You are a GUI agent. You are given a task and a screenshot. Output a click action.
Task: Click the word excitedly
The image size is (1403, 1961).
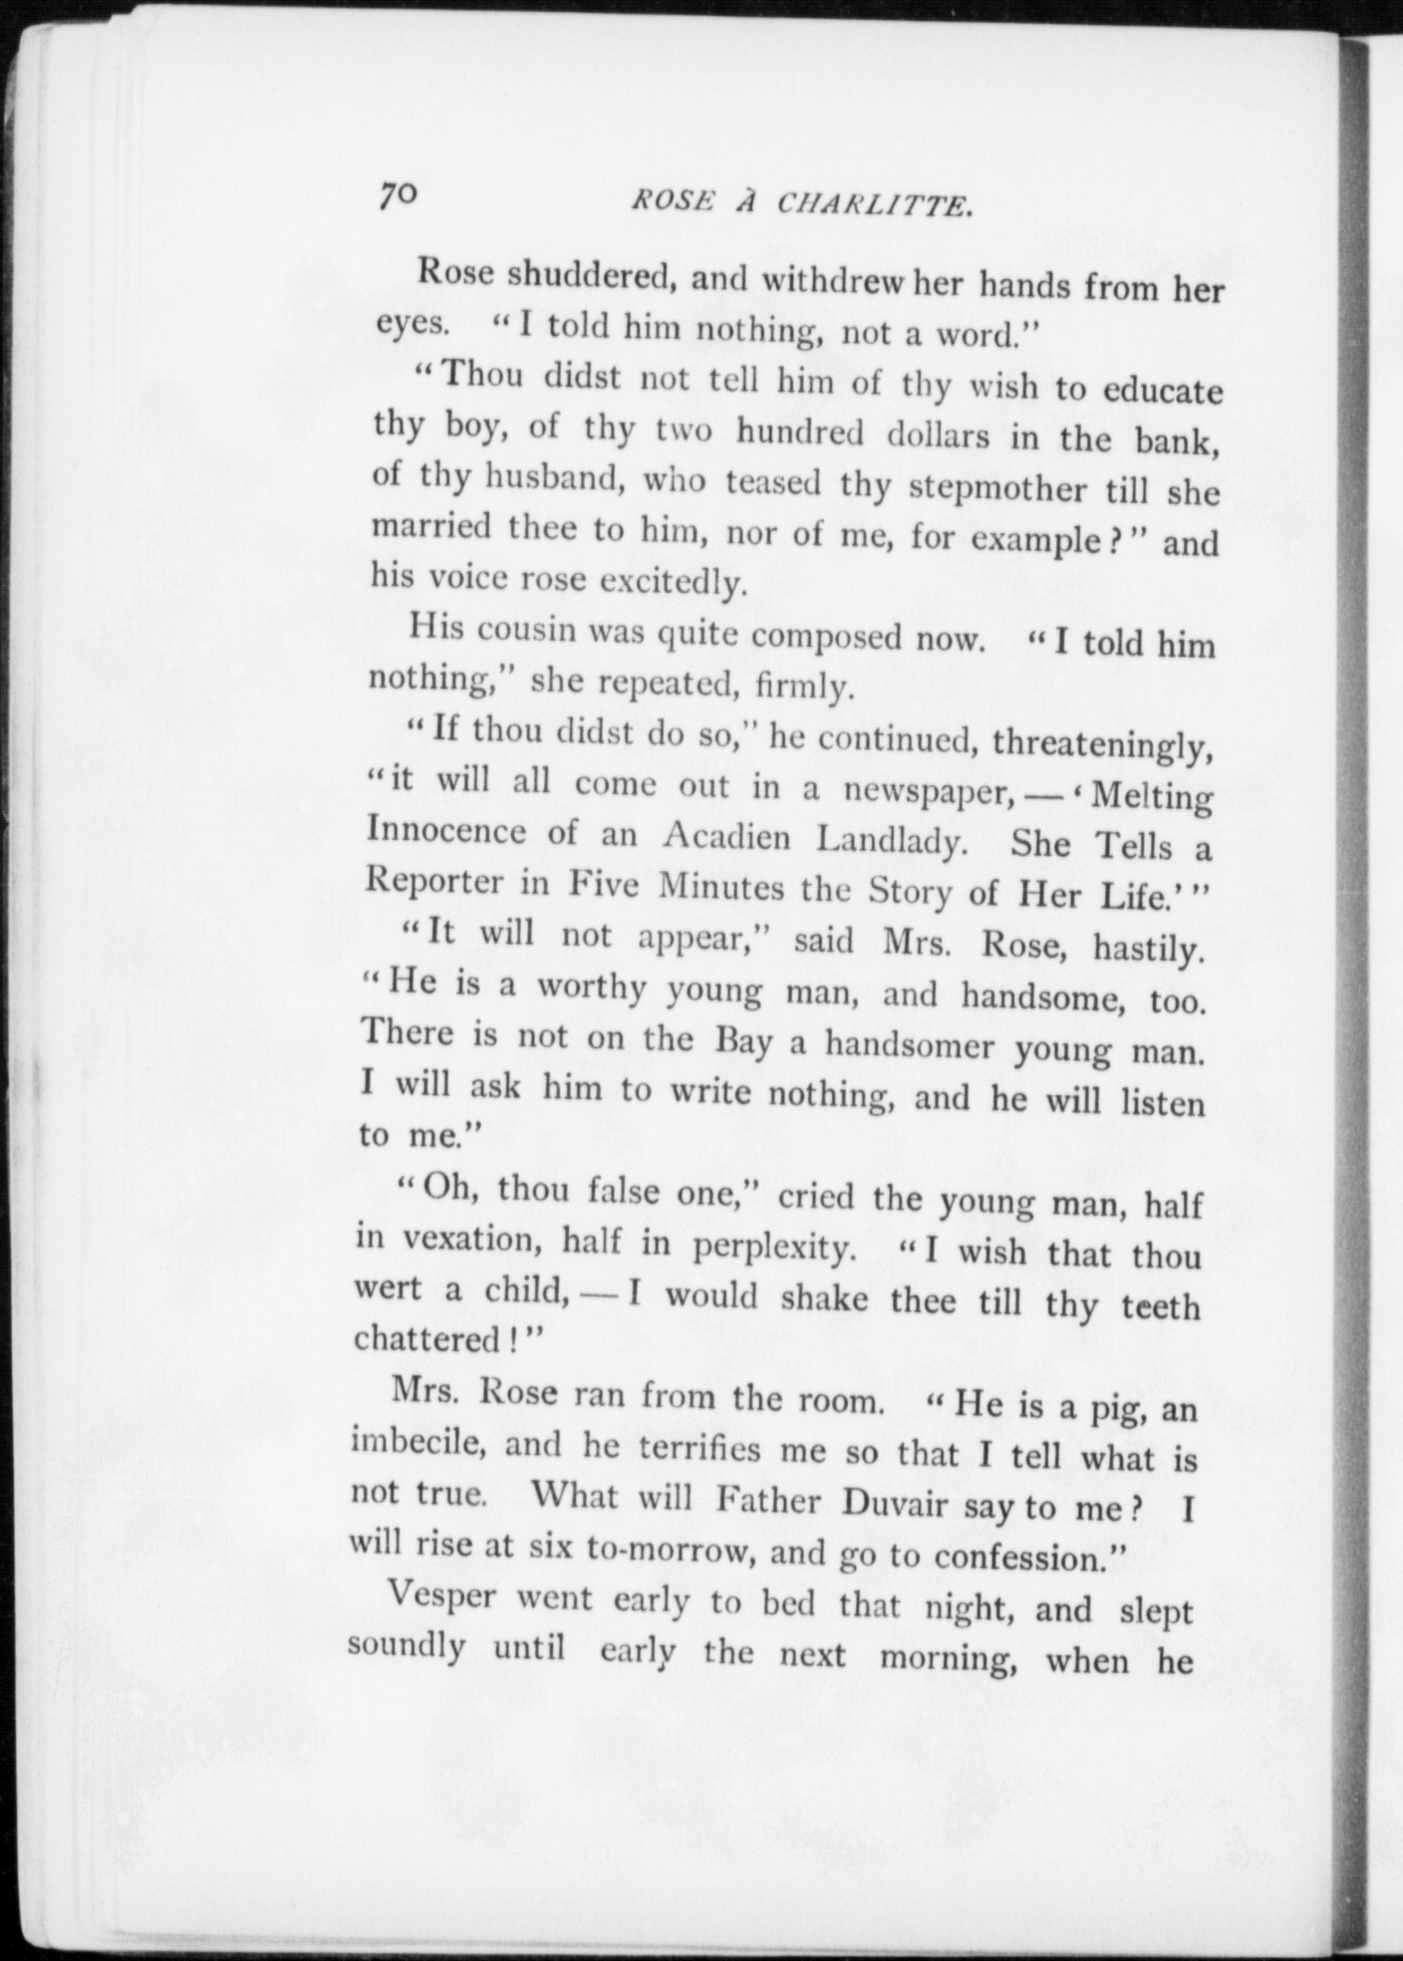click(x=672, y=583)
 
